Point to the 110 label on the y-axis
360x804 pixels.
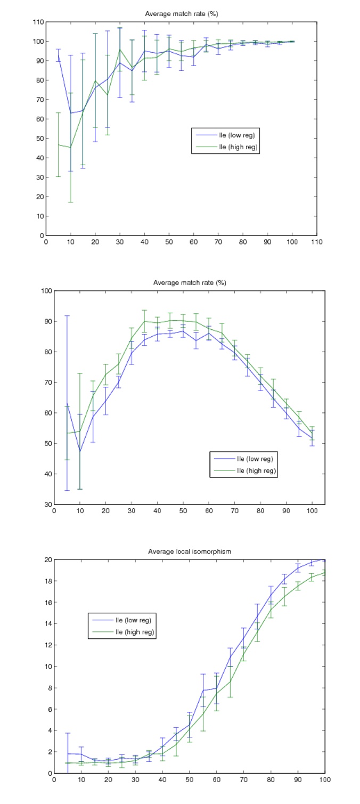pyautogui.click(x=38, y=22)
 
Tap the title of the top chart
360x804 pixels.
pyautogui.click(x=181, y=14)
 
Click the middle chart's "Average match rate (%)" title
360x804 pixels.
pyautogui.click(x=189, y=282)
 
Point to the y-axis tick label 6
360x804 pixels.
pyautogui.click(x=48, y=709)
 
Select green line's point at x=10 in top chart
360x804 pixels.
pyautogui.click(x=70, y=148)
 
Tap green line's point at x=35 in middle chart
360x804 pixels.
pyautogui.click(x=144, y=321)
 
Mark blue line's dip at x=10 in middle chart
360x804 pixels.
pyautogui.click(x=79, y=451)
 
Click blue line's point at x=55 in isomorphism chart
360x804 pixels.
pyautogui.click(x=203, y=690)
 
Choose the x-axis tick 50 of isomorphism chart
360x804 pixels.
pyautogui.click(x=189, y=779)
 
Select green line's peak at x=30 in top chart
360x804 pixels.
pyautogui.click(x=120, y=49)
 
